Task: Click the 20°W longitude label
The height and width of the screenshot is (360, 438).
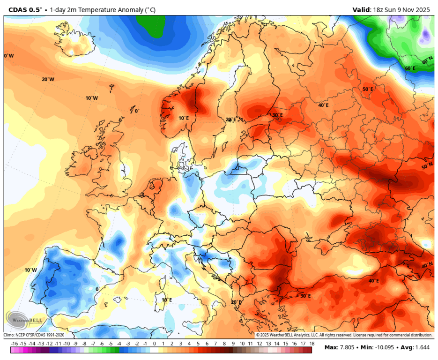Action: [x=48, y=79]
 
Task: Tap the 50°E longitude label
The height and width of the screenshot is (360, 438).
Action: [x=368, y=89]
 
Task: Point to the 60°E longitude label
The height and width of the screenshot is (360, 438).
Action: [x=410, y=68]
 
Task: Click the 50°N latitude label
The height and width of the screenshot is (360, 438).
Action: [x=427, y=166]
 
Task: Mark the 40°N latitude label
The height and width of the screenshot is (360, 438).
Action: [x=427, y=265]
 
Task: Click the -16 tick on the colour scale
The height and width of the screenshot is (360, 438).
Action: [x=15, y=344]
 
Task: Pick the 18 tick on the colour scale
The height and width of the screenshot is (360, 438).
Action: [x=311, y=344]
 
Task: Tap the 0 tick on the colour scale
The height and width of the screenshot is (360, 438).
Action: [x=154, y=344]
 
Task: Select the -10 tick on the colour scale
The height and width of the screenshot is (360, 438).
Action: [x=67, y=344]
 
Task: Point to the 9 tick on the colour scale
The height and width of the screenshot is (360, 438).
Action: [x=233, y=344]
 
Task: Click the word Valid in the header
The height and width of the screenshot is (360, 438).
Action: [x=361, y=9]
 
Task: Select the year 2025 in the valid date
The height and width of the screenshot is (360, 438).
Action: [x=423, y=9]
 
